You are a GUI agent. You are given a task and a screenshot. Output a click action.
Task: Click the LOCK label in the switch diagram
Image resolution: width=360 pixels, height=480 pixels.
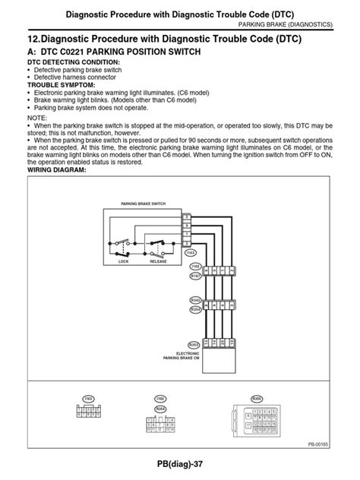[x=124, y=260]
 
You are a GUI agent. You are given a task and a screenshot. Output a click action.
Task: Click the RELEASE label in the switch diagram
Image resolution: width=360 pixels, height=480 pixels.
[x=157, y=260]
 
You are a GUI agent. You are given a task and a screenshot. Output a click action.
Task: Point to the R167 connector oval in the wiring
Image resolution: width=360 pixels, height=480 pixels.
[x=195, y=277]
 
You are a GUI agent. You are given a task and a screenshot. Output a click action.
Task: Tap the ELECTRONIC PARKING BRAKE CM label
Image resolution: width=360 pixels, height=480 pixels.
[x=188, y=356]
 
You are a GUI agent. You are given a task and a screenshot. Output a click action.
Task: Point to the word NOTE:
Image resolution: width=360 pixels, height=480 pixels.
[x=36, y=118]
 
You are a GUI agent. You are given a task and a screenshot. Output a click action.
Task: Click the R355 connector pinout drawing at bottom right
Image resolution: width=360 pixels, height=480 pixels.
[x=257, y=418]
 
